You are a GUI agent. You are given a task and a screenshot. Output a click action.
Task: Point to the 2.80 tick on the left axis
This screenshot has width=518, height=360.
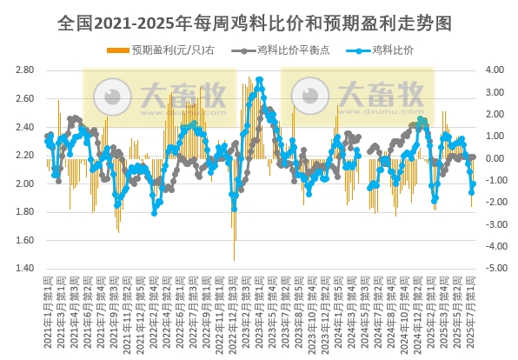click(23, 70)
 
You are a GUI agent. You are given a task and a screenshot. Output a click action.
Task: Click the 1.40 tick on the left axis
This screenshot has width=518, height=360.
click(23, 269)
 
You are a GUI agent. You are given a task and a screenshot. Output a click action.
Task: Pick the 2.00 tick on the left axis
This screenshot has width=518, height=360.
click(23, 183)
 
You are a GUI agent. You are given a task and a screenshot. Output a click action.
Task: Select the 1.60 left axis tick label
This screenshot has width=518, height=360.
click(23, 240)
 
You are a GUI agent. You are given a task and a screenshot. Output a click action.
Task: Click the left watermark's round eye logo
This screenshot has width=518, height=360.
click(111, 93)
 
